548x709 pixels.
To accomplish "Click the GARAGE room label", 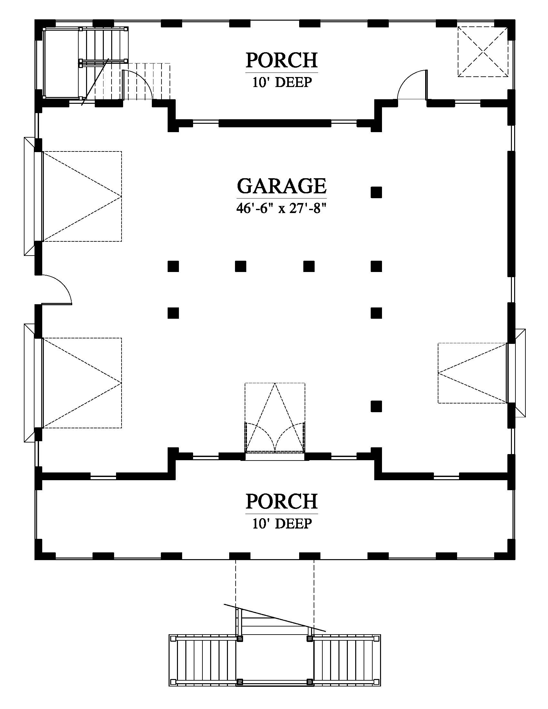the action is [x=282, y=186].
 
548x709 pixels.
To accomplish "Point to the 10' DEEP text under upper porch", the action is [x=282, y=83].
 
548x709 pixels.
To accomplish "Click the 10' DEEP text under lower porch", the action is [x=282, y=524].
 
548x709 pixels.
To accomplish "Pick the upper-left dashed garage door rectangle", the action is [x=82, y=196].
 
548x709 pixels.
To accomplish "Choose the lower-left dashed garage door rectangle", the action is [x=82, y=383].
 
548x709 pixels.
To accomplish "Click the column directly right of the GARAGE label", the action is [x=376, y=192].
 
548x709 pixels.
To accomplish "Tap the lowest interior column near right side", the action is [x=376, y=406].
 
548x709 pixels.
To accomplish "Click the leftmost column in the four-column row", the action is [x=173, y=266].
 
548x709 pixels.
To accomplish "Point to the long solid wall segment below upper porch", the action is [x=275, y=123].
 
